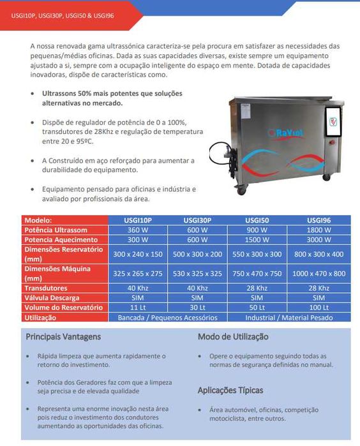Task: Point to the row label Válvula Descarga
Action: point(53,297)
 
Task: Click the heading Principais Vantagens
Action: point(63,336)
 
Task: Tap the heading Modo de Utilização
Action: point(233,336)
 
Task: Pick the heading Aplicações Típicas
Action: point(230,390)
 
